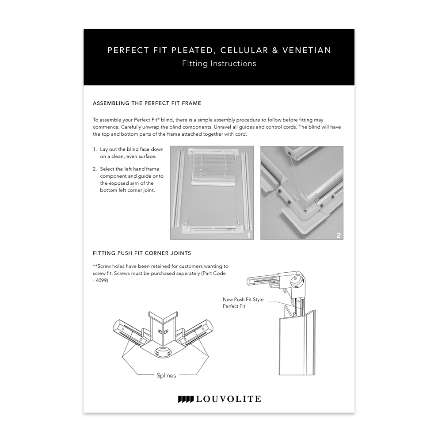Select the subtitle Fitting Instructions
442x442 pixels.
(x=219, y=64)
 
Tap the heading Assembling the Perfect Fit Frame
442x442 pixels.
(x=147, y=103)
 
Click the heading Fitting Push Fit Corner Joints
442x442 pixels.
(x=141, y=253)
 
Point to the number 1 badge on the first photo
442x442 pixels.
(x=249, y=235)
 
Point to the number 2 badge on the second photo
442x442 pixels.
(x=339, y=235)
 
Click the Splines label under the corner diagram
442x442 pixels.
(x=166, y=375)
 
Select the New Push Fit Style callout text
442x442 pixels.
(x=243, y=300)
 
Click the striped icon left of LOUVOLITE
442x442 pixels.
(x=185, y=399)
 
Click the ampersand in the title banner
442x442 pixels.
(x=274, y=50)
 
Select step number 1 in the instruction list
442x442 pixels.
(x=95, y=150)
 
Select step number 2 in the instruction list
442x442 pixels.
(x=95, y=169)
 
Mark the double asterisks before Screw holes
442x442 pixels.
(x=95, y=266)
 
